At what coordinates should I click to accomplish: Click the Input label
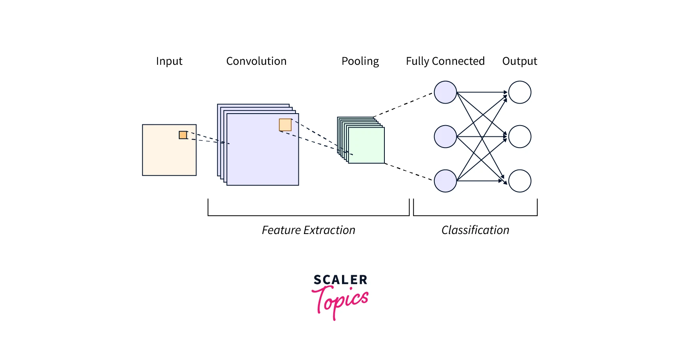click(169, 61)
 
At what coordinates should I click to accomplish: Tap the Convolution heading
click(256, 61)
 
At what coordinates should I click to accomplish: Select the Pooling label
click(360, 61)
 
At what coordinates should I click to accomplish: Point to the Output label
click(520, 61)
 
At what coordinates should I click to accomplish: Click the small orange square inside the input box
click(183, 135)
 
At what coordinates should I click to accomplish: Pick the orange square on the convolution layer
click(285, 125)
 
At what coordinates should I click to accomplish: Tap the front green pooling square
click(366, 145)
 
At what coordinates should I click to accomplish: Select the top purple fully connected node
click(445, 92)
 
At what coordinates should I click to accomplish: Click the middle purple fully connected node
click(445, 137)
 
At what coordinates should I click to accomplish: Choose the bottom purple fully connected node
click(445, 181)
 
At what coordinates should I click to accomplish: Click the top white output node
click(520, 92)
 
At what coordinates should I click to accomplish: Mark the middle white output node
click(520, 137)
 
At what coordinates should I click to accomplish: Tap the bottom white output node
click(520, 181)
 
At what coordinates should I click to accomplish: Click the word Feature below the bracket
click(281, 230)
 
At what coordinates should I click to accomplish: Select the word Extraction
click(329, 230)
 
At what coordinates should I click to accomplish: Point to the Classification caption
click(475, 230)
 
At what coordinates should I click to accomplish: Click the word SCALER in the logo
click(340, 280)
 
